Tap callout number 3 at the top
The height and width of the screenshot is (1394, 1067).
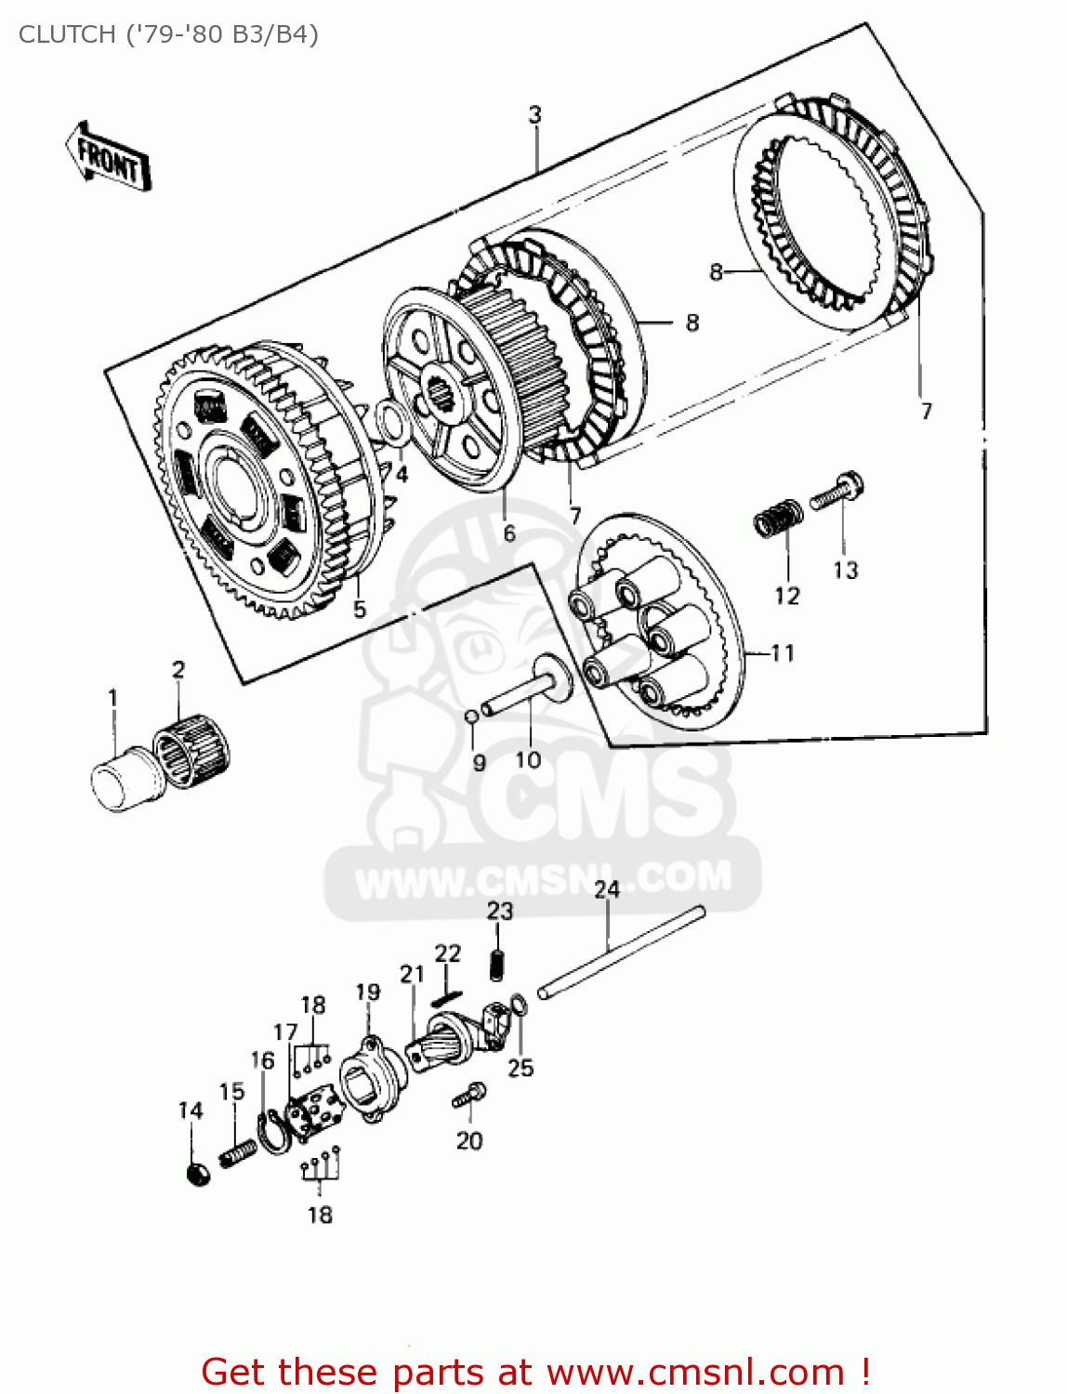[535, 114]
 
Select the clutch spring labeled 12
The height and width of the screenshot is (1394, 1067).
[777, 517]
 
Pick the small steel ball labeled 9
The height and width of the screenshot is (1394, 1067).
[471, 716]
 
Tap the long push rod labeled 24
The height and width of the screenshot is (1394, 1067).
[621, 953]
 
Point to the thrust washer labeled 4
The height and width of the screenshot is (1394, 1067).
[391, 419]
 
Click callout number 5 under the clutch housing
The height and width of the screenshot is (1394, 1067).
[360, 610]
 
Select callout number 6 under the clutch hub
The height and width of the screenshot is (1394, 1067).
[508, 533]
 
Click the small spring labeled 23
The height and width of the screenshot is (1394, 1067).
[497, 964]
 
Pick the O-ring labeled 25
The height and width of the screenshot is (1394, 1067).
[520, 1006]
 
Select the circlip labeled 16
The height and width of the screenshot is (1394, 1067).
[272, 1132]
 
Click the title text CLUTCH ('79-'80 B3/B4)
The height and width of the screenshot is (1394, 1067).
[168, 34]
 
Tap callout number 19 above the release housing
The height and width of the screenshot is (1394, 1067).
[368, 992]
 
